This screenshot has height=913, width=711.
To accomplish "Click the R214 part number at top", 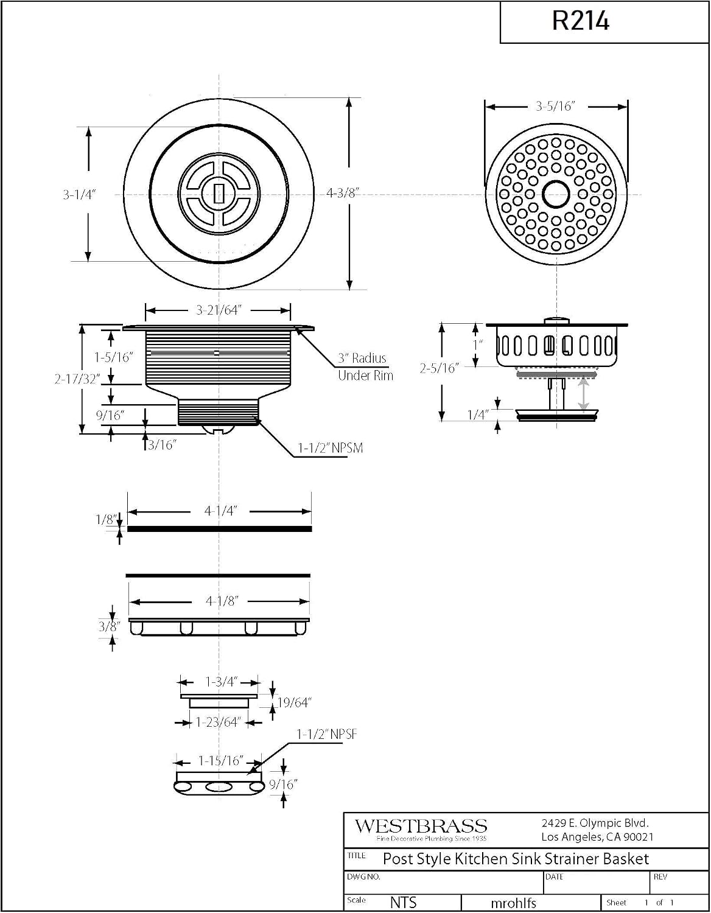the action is tap(580, 21).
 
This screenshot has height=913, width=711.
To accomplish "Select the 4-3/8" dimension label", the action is tap(343, 193).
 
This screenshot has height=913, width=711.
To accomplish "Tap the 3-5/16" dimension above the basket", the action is tap(555, 107).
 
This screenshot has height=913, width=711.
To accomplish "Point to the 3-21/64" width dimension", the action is tap(219, 310).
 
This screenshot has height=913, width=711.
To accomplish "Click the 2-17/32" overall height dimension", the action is tap(77, 379).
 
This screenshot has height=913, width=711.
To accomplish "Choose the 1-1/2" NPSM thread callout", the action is tap(331, 448).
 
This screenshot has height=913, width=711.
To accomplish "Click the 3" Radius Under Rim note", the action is tap(366, 367).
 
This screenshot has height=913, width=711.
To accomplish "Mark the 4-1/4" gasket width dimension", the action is tap(220, 511).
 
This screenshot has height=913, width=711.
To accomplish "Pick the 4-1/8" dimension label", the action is tap(222, 601).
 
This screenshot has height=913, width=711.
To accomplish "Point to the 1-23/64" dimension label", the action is tap(218, 722).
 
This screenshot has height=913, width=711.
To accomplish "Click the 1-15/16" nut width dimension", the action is tap(221, 760).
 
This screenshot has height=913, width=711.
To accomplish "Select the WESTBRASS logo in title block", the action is tap(421, 827).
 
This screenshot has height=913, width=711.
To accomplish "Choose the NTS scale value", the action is tap(404, 902).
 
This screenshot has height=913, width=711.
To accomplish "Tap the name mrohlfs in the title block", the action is tap(514, 903).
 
